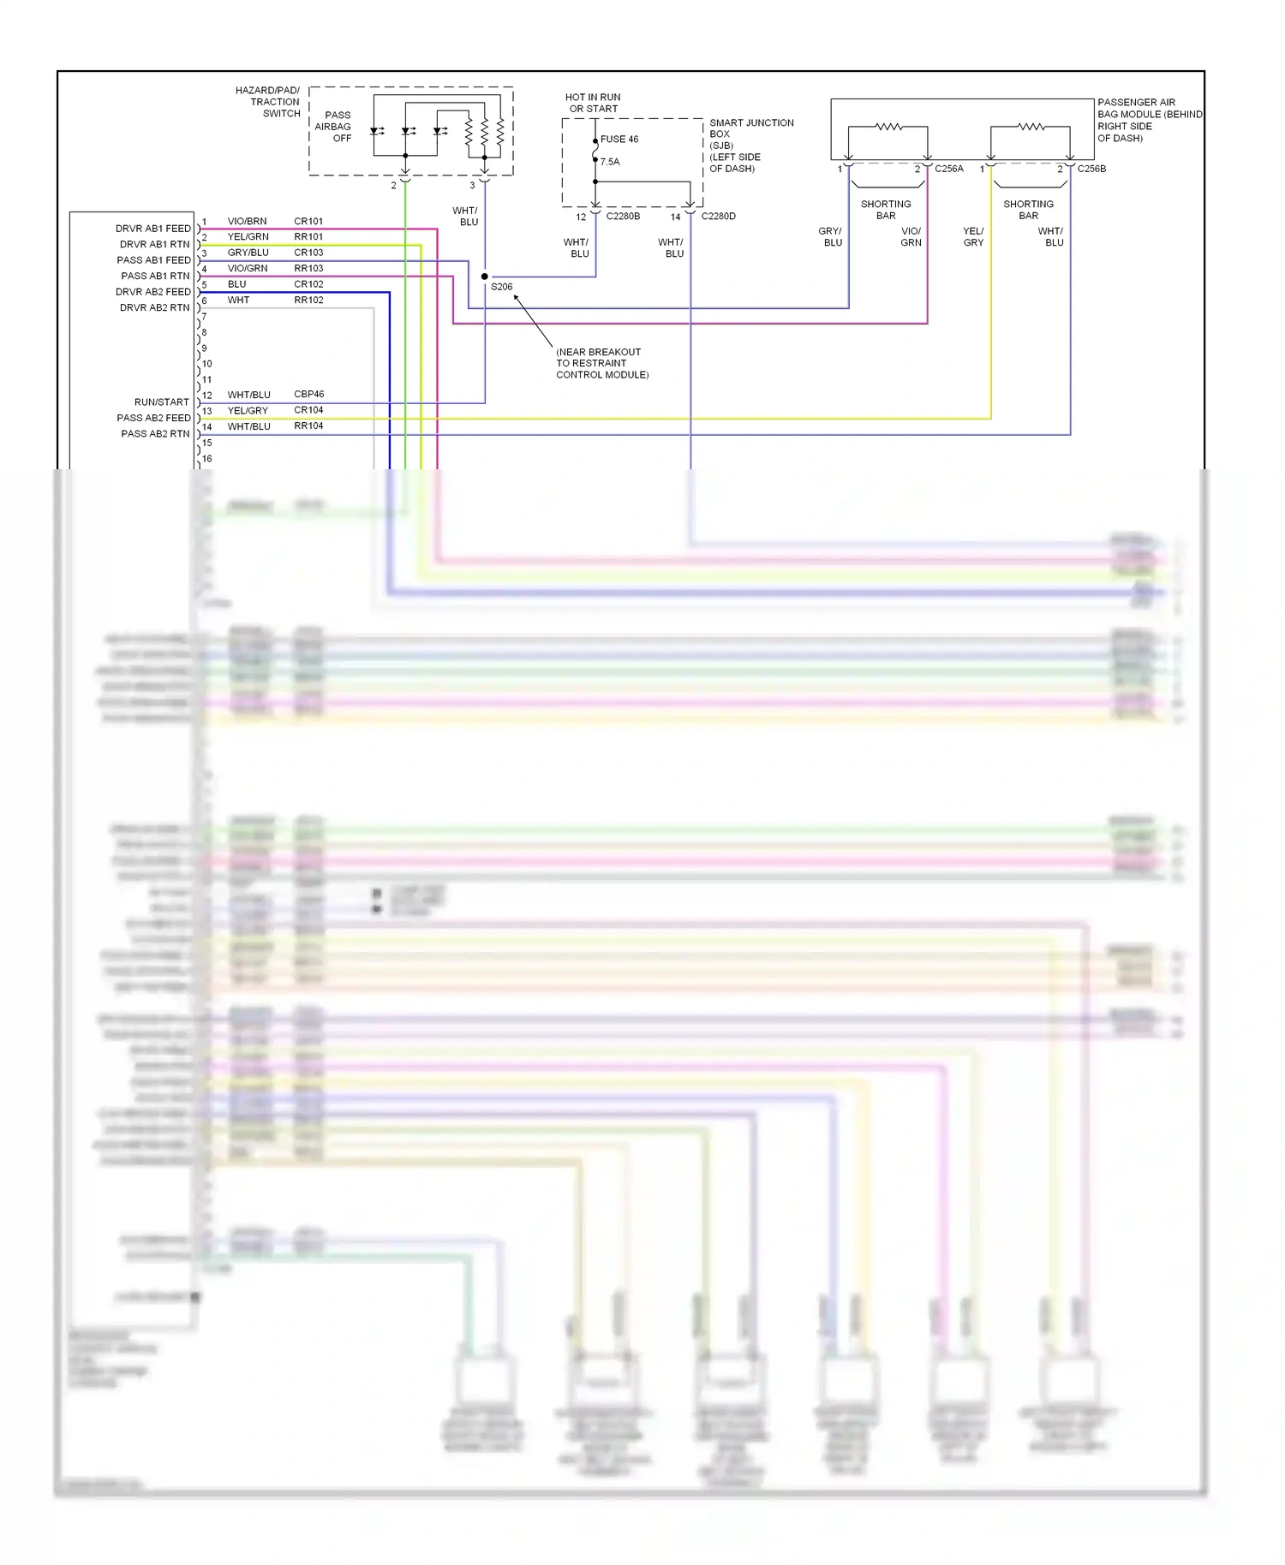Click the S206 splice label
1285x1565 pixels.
pyautogui.click(x=501, y=287)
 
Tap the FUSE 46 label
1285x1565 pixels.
pyautogui.click(x=619, y=140)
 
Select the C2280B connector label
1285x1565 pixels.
pyautogui.click(x=623, y=217)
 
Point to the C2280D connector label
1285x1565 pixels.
pyautogui.click(x=718, y=217)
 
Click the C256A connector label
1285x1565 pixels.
pyautogui.click(x=949, y=170)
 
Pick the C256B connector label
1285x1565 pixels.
pyautogui.click(x=1091, y=170)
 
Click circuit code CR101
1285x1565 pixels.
pyautogui.click(x=308, y=222)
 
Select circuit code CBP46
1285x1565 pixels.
pyautogui.click(x=308, y=395)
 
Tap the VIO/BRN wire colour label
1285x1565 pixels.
pyautogui.click(x=247, y=222)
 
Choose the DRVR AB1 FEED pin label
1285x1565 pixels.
pyautogui.click(x=153, y=229)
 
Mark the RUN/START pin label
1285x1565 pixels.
pyautogui.click(x=161, y=402)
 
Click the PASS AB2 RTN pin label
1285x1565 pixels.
pyautogui.click(x=155, y=434)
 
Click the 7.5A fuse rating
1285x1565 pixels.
pyautogui.click(x=610, y=162)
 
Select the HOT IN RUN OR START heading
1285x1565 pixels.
pyautogui.click(x=593, y=104)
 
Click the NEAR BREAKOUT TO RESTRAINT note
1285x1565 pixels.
pyautogui.click(x=601, y=363)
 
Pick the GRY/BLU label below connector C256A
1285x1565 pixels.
pyautogui.click(x=831, y=237)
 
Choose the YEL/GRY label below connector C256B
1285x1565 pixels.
pyautogui.click(x=973, y=237)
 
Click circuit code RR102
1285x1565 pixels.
pyautogui.click(x=308, y=301)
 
